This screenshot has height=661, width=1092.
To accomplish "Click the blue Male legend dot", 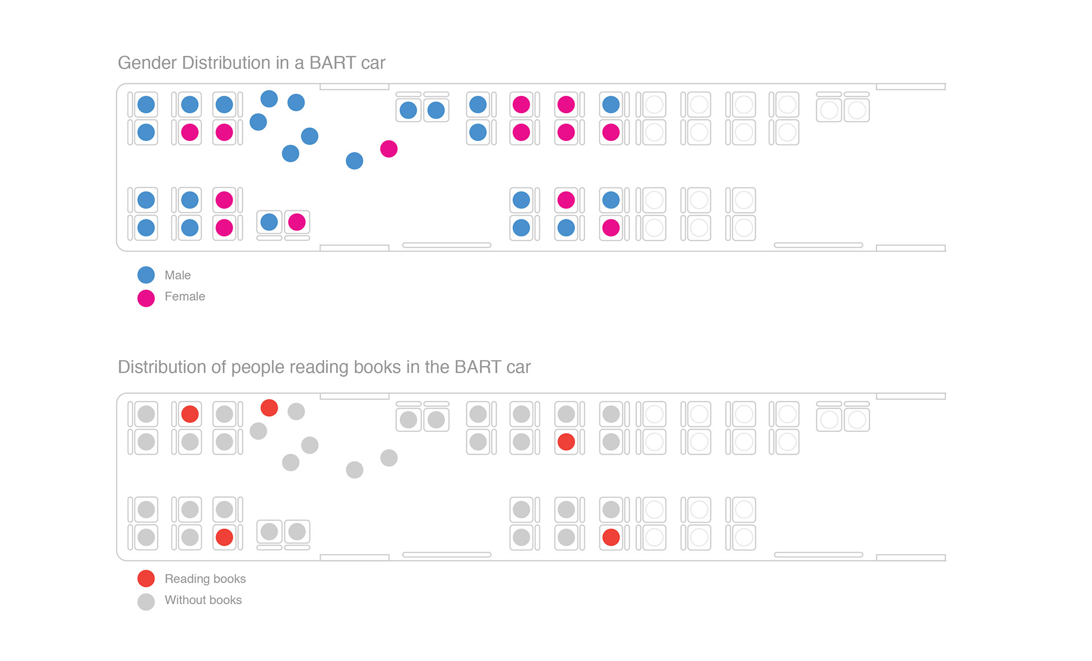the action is tap(146, 275).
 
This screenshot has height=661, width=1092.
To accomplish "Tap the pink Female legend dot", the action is tap(146, 298).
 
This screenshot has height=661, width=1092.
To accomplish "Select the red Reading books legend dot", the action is tap(146, 579).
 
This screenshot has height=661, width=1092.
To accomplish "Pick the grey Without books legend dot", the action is tap(146, 602).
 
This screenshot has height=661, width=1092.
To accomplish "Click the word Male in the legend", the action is tap(177, 275).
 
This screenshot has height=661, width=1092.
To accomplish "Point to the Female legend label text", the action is tap(185, 297).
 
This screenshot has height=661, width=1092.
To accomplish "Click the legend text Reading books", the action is tap(205, 579).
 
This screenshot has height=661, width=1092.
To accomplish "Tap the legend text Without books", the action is tap(203, 600).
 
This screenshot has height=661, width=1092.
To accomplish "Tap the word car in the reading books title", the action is tap(518, 368).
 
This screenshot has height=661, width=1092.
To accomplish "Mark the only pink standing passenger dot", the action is tap(389, 149).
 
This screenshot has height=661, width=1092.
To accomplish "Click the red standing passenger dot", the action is tap(269, 408).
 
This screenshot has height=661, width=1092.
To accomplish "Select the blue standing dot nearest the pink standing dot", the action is tap(354, 161).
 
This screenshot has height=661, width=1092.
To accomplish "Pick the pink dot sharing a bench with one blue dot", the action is tap(297, 222).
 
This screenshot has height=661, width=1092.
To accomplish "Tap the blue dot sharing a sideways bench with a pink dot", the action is tap(269, 222).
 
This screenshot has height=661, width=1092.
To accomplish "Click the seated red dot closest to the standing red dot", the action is tap(190, 414).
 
